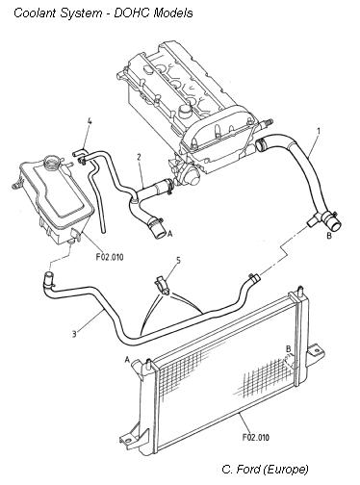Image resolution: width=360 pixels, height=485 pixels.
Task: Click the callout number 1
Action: (x=319, y=131)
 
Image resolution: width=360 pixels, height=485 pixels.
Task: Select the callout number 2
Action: (x=139, y=157)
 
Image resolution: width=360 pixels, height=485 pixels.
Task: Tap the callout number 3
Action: (x=74, y=334)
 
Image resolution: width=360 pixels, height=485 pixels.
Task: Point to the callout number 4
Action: (x=90, y=121)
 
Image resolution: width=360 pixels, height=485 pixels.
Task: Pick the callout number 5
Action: (x=178, y=260)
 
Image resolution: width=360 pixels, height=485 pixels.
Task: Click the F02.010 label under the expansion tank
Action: (x=110, y=257)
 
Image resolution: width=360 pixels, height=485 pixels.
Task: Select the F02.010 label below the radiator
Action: (x=256, y=437)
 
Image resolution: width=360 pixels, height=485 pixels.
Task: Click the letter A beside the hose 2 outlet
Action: (x=170, y=234)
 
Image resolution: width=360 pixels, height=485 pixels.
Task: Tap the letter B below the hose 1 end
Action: (x=328, y=236)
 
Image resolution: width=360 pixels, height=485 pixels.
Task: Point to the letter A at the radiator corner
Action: (x=127, y=360)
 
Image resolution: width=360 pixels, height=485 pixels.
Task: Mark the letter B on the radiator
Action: (x=289, y=348)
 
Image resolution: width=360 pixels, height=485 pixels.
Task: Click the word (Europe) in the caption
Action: (x=286, y=470)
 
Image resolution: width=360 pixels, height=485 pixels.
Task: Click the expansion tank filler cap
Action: (x=51, y=161)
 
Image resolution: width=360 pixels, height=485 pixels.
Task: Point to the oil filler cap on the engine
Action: (x=185, y=111)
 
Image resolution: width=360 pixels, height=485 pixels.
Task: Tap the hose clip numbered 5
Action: (x=162, y=284)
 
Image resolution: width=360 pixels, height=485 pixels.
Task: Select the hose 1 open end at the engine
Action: (x=260, y=144)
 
